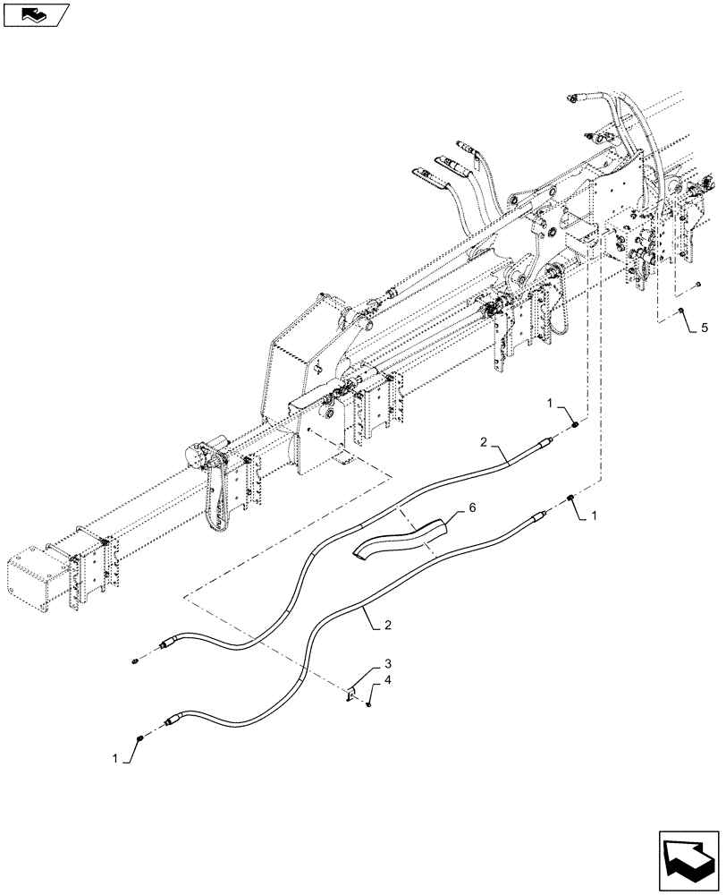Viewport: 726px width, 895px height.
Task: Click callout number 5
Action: (704, 329)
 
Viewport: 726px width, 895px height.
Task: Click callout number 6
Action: (473, 507)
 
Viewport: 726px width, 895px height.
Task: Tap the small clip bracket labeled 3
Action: (351, 693)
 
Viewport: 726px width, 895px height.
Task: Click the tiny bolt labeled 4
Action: (368, 705)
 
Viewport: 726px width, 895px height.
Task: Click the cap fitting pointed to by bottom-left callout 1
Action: (141, 737)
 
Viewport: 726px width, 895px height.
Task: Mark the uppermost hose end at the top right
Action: (573, 98)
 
